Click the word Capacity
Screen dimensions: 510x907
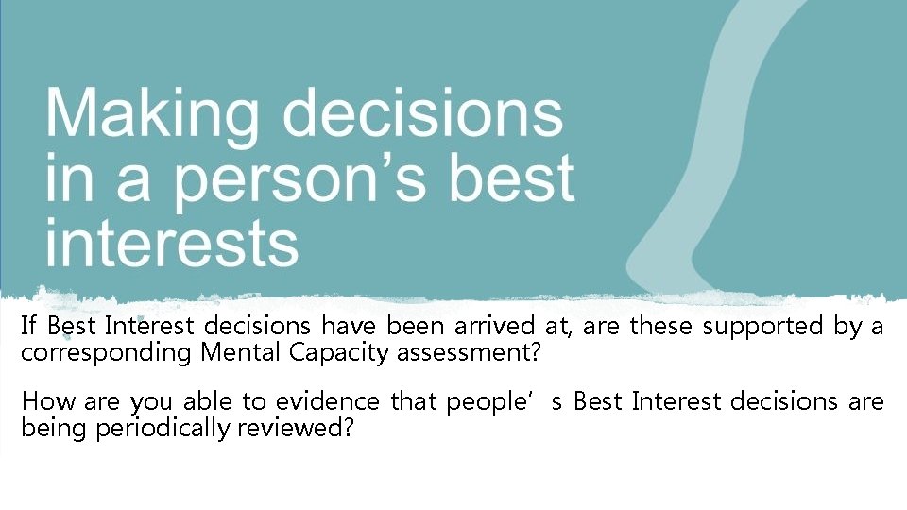pos(325,355)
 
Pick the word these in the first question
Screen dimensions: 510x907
pos(665,327)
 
